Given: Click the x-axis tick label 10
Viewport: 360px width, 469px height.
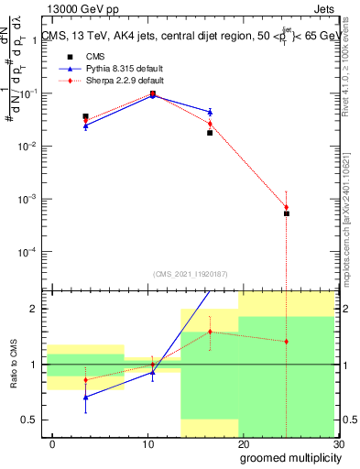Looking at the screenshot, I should [147, 444].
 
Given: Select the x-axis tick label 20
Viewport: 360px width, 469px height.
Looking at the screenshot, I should [243, 444].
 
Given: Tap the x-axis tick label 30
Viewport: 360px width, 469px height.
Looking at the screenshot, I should [337, 444].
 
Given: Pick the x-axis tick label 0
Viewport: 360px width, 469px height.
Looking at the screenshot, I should [52, 444].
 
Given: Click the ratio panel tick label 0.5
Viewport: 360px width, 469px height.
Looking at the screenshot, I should [29, 420].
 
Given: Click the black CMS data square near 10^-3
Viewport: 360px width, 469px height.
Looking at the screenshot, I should [286, 213].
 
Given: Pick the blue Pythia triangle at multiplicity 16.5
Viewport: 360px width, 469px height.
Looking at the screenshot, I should [210, 112].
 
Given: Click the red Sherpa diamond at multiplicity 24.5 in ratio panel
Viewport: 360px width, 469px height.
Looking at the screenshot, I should [286, 342].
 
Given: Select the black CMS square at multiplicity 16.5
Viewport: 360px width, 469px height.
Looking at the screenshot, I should [210, 133].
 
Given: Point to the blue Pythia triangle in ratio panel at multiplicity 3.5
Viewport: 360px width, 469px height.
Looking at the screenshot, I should [85, 397].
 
